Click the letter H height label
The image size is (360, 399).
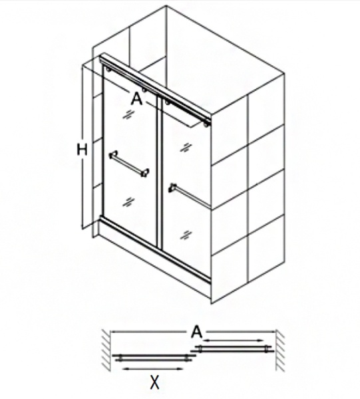[82, 150]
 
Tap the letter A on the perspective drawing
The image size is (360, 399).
[136, 98]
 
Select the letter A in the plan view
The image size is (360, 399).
[197, 332]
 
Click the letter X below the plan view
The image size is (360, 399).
[154, 382]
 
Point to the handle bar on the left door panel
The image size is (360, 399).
[129, 164]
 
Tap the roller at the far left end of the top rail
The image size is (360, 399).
[108, 69]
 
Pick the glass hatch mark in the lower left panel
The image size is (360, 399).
[128, 202]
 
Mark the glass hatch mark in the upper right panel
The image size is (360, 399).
[186, 148]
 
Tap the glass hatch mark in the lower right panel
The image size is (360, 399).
[186, 235]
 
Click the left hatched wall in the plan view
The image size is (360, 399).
[106, 350]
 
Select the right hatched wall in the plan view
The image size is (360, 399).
[279, 350]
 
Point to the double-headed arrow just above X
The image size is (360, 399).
[153, 368]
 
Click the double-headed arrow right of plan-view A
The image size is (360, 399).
[234, 340]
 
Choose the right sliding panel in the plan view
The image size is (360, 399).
[232, 348]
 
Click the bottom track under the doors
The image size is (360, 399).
[156, 249]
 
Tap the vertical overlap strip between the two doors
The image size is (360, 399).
[160, 171]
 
